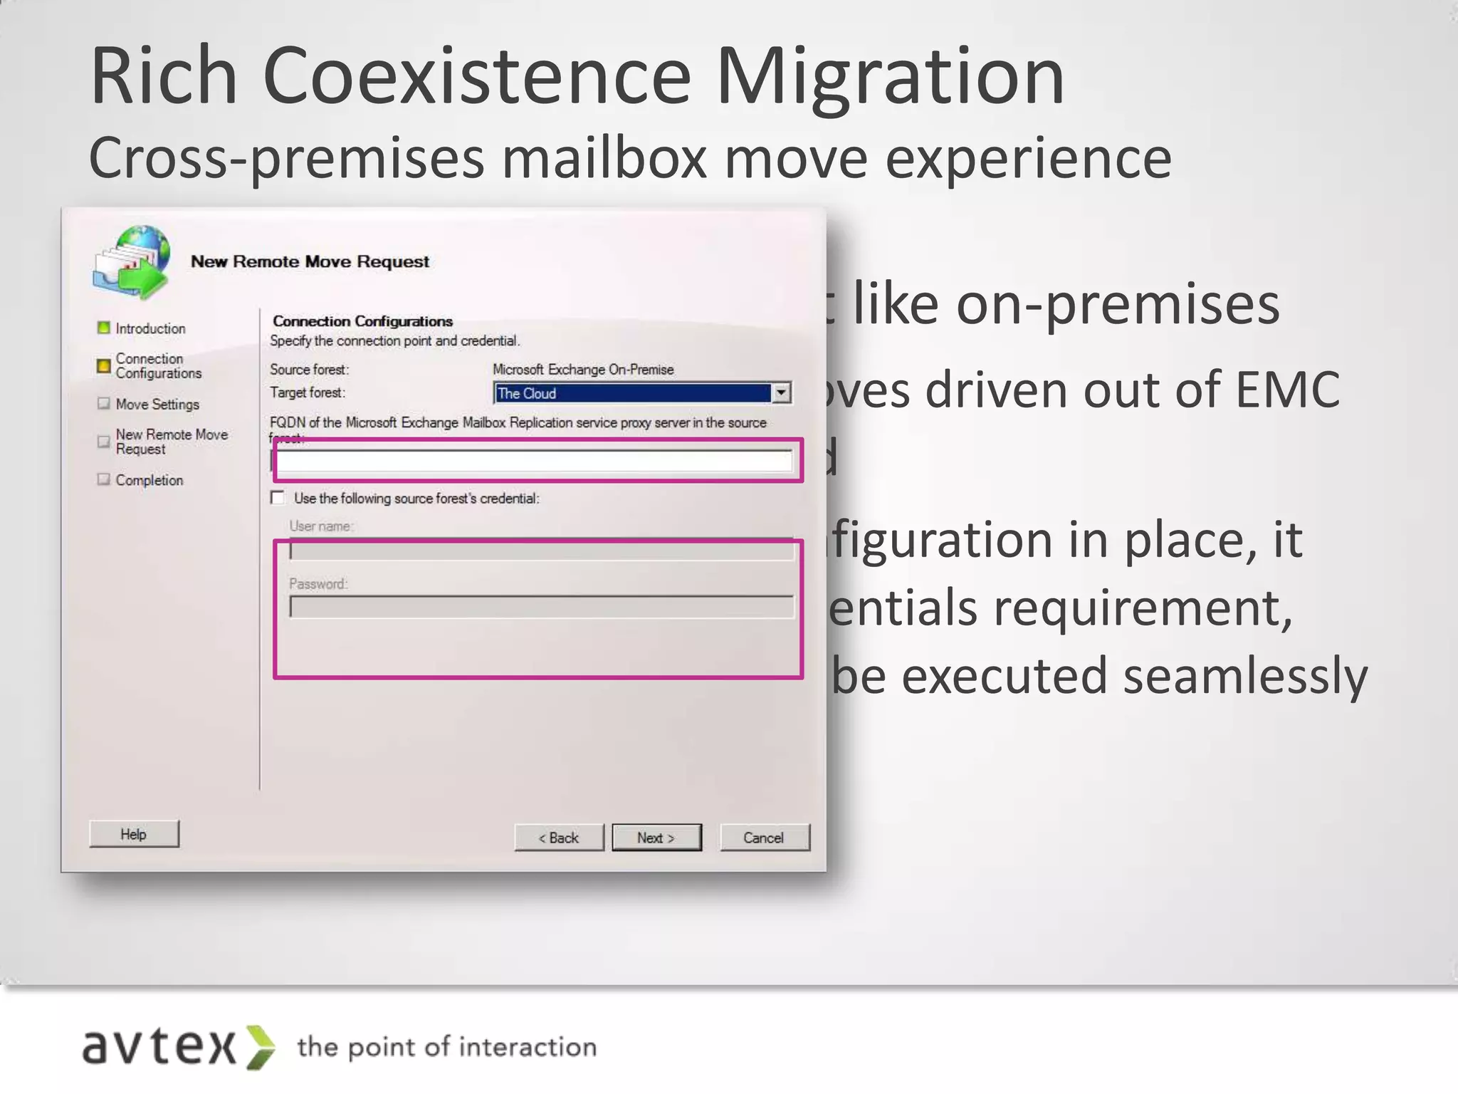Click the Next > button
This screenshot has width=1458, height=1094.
[656, 838]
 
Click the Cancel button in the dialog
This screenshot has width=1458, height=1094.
[764, 838]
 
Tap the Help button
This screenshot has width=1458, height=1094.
[134, 834]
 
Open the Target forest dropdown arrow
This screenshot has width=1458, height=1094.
[782, 392]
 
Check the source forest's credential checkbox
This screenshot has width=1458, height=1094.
[278, 498]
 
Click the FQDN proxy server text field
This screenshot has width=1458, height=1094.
[534, 462]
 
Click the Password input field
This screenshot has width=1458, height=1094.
[541, 607]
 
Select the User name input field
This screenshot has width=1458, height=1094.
[541, 550]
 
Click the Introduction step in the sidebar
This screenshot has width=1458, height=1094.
[150, 328]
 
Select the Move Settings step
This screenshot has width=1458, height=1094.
[157, 404]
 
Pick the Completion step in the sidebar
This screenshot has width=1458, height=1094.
[150, 480]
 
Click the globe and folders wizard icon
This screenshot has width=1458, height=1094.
[132, 261]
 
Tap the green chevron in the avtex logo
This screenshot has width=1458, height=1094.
[260, 1047]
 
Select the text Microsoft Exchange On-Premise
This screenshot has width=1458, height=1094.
[582, 370]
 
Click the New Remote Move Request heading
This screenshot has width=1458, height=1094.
[310, 261]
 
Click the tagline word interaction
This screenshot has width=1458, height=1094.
[528, 1047]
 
